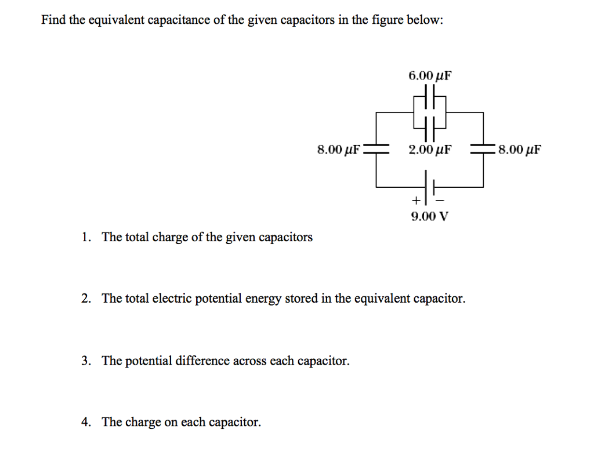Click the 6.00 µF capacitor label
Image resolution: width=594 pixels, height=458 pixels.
(430, 75)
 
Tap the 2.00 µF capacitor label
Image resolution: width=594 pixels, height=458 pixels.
(430, 150)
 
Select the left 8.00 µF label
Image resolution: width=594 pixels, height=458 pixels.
(339, 150)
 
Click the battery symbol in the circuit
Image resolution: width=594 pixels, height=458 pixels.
(430, 187)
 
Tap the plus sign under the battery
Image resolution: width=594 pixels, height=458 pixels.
(415, 201)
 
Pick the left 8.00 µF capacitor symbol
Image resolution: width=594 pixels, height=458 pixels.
(376, 149)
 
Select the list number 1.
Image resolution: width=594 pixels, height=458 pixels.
(85, 237)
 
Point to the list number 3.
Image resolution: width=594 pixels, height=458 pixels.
(85, 361)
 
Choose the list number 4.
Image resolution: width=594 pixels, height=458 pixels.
(85, 422)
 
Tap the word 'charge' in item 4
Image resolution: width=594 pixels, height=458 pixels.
(142, 423)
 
